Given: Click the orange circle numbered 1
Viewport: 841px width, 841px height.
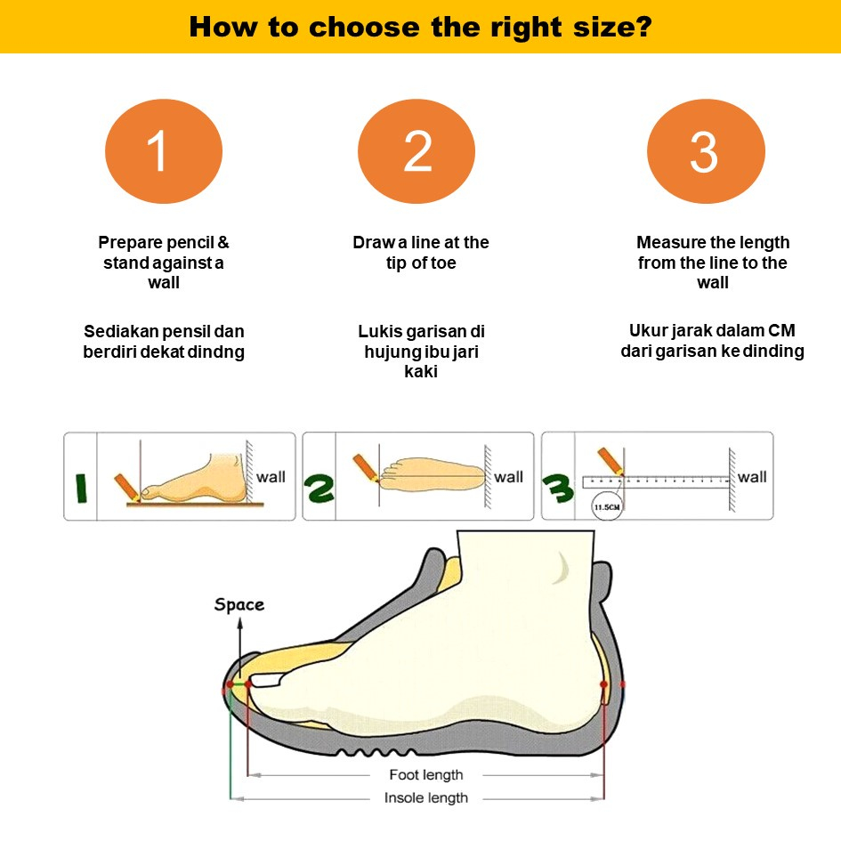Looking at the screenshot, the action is tap(164, 151).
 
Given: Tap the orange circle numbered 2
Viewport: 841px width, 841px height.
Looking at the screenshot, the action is tap(416, 151).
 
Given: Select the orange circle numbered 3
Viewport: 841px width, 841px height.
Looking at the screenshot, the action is tap(706, 151).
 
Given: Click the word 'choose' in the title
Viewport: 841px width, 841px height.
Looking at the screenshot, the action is tap(364, 27).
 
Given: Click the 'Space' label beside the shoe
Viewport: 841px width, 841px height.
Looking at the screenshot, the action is tap(239, 605).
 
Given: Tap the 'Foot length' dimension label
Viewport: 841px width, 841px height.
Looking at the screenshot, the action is tap(426, 775).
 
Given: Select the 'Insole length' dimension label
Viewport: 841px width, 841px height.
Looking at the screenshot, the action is tap(426, 798).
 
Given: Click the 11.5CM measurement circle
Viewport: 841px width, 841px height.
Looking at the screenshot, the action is tap(607, 506).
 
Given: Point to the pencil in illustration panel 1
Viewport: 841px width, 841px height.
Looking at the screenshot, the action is tap(127, 488).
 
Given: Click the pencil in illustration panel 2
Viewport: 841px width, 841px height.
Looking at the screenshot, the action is tap(366, 468).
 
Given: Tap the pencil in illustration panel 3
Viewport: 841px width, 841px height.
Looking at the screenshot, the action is tap(611, 461).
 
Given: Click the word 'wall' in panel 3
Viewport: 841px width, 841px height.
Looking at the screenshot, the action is tap(752, 477).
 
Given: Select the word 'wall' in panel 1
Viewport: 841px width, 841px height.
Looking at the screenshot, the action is tap(271, 477).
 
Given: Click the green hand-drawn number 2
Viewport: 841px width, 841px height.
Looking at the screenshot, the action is tap(319, 488).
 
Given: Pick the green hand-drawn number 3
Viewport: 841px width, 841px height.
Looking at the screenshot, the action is tap(558, 488).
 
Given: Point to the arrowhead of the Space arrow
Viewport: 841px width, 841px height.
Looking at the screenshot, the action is tap(239, 623).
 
